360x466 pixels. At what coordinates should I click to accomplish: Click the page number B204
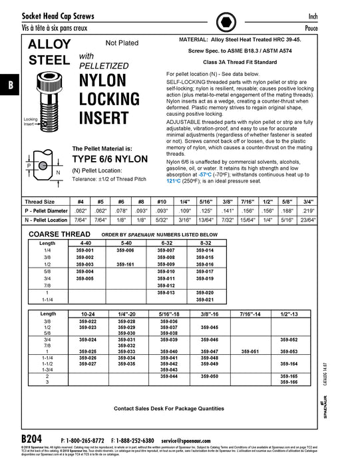31,440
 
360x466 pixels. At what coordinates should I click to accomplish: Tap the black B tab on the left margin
11,85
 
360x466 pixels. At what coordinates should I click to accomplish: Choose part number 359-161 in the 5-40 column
126,264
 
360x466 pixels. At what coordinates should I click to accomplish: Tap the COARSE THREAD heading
54,234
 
